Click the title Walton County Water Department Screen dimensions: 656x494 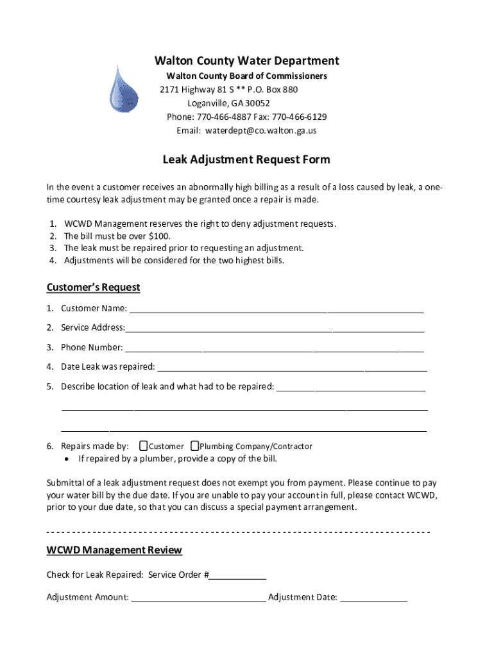246,61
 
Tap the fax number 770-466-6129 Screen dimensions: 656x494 299,117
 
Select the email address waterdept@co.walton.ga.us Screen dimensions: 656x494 260,131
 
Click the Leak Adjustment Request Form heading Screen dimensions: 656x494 246,160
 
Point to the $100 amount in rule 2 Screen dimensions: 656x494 160,236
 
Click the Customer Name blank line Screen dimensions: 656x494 276,309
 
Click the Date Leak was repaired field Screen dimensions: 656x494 292,368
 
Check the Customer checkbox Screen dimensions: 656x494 143,446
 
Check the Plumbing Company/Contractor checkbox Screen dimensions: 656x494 194,446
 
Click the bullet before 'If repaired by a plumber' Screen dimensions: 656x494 67,459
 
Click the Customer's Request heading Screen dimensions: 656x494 93,287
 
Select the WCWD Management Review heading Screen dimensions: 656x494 114,550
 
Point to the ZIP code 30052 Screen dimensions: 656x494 258,103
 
